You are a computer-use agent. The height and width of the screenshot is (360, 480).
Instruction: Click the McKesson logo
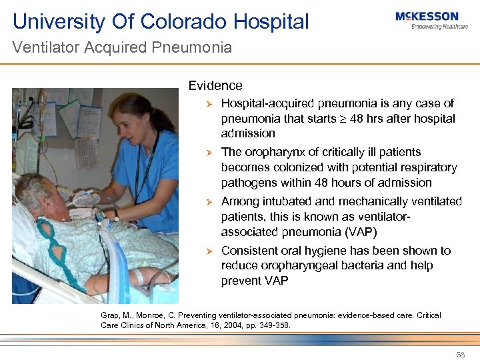(x=427, y=20)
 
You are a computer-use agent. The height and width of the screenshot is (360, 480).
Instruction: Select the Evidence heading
(x=215, y=85)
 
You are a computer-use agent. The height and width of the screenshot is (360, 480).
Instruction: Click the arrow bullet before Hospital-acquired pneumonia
(x=208, y=104)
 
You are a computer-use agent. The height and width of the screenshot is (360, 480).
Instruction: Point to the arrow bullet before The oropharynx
(x=208, y=153)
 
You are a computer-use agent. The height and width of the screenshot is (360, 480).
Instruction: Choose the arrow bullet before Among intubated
(x=208, y=202)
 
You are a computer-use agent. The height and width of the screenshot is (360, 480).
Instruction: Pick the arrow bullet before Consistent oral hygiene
(x=208, y=251)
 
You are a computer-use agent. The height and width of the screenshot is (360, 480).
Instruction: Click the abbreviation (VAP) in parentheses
(x=360, y=232)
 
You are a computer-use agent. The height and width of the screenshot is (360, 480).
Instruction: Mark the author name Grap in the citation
(x=109, y=315)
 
